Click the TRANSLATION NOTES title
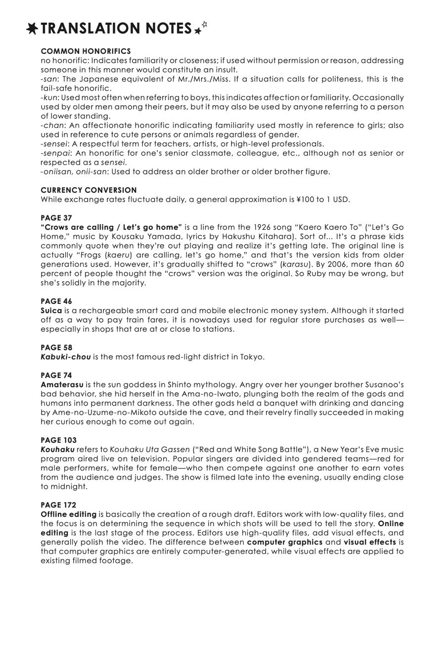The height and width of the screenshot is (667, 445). coord(116,29)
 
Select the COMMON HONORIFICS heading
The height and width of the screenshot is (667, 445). coord(86,51)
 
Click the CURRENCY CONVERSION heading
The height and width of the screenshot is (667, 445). coord(89,190)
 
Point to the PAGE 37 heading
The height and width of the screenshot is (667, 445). coord(56,218)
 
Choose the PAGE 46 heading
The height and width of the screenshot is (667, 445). coord(56,301)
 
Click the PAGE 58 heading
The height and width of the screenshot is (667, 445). coord(56,348)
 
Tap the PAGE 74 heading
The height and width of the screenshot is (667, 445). coord(56,375)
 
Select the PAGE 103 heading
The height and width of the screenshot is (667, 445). coord(58,440)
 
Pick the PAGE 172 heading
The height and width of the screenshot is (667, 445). coord(58,505)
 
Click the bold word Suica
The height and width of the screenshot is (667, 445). coord(51,311)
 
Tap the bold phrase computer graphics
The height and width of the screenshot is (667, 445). coord(284,542)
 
